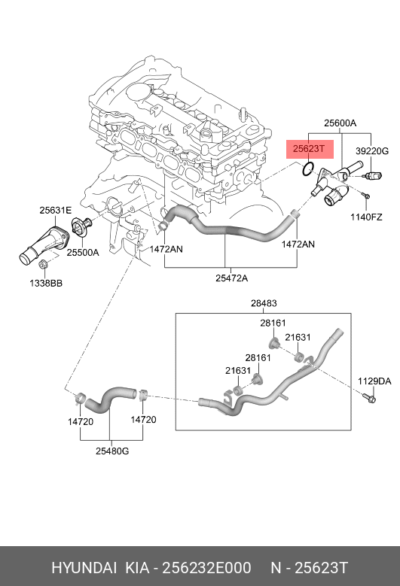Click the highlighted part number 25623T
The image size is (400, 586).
pos(308,149)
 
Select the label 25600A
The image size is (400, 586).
pos(340,123)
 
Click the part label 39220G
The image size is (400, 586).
pos(372,151)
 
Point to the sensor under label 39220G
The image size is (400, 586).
pos(373,175)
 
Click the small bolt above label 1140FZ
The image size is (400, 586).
pos(365,195)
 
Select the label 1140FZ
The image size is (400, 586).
pos(366,217)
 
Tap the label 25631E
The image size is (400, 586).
pos(56,211)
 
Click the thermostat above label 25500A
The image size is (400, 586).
pos(81,228)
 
